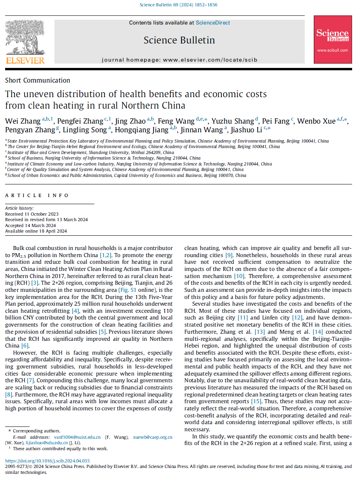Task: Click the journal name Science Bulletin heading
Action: point(179,40)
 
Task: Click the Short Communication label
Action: point(37,80)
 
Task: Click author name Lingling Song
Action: point(88,130)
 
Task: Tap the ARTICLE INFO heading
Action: point(37,195)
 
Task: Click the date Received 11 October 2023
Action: point(31,214)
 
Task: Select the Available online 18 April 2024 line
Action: point(36,231)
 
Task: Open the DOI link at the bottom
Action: point(47,460)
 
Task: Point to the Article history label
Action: point(19,208)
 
